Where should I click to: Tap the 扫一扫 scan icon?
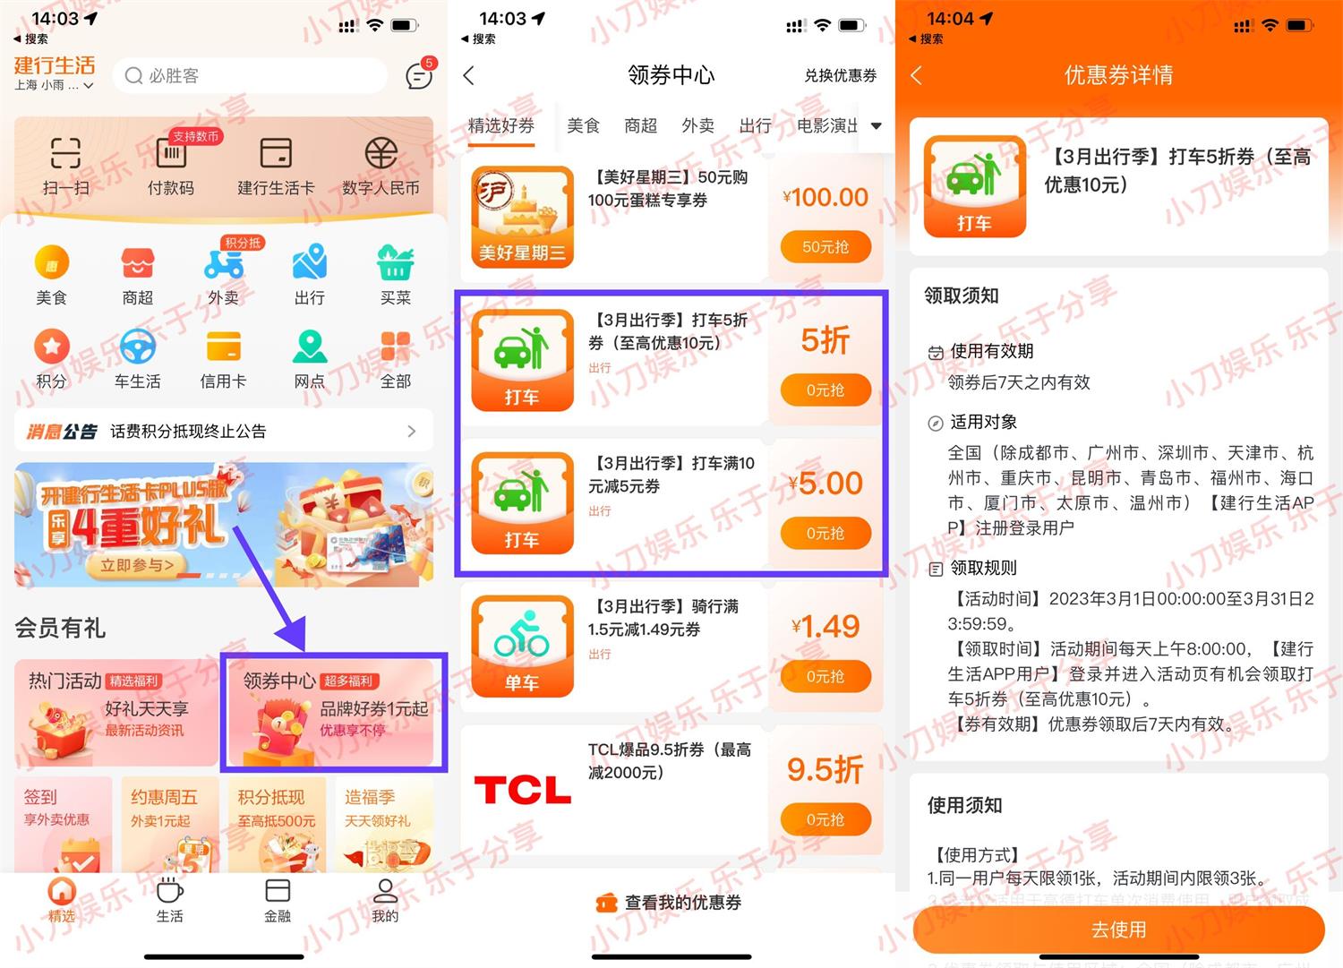[65, 154]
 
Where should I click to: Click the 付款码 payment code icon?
[171, 154]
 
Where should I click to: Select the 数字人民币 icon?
[381, 154]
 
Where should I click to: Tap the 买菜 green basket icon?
[395, 262]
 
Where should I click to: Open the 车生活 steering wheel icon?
[138, 347]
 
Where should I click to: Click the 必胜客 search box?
[250, 76]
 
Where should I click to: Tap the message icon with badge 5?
[418, 76]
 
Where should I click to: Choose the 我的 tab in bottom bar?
[385, 899]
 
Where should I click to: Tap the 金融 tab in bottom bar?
[278, 899]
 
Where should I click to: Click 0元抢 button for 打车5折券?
[825, 390]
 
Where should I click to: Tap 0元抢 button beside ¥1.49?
[825, 677]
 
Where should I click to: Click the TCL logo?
[522, 790]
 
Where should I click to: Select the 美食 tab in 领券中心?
[583, 126]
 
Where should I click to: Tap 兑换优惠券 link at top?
[840, 76]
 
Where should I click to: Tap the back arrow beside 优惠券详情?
[916, 76]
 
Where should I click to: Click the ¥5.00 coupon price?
[825, 484]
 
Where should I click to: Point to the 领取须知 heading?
[962, 296]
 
